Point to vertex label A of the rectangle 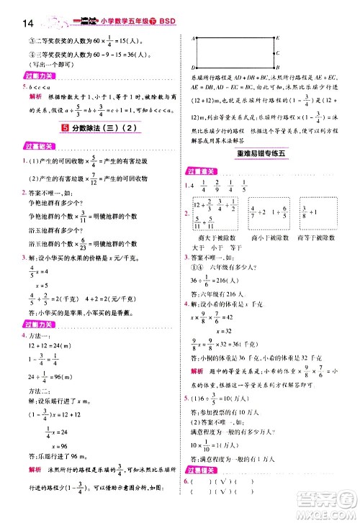(194, 37)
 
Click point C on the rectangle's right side (278, 52)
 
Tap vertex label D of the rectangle (194, 67)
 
